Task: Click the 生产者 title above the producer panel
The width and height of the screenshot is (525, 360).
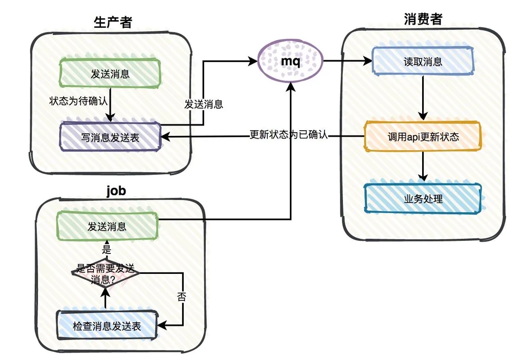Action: point(113,23)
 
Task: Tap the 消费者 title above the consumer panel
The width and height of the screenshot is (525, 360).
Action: point(423,19)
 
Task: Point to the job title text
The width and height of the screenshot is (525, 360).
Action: point(116,190)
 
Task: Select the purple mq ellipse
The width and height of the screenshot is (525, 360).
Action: point(290,61)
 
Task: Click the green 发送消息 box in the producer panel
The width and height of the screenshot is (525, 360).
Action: point(110,73)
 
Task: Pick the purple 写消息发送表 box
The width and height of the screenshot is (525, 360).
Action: point(110,137)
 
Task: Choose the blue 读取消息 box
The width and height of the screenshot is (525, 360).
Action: point(423,61)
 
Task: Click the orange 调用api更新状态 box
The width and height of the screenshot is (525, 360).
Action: point(423,136)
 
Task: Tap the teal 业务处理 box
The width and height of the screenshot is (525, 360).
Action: point(423,199)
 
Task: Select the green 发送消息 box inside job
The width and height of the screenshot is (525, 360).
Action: point(107,226)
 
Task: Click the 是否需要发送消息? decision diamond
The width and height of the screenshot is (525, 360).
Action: point(106,273)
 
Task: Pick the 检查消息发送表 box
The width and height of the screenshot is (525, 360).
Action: point(107,325)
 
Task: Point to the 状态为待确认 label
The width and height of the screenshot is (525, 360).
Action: point(78,101)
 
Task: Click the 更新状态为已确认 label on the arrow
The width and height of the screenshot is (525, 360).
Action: point(289,134)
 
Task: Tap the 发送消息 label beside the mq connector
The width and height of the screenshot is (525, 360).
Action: point(204,104)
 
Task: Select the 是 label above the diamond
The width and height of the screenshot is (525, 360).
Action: point(107,249)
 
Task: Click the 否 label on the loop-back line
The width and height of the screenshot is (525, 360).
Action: point(181,297)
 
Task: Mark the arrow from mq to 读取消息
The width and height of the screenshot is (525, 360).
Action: point(348,61)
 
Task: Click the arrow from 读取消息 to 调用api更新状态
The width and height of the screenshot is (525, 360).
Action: point(423,98)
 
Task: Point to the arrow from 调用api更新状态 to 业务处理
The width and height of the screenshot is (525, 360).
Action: point(423,166)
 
